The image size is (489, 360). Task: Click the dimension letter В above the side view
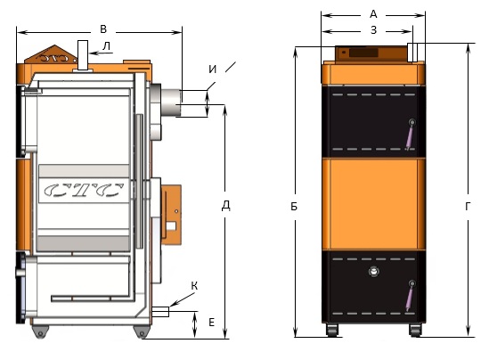tap(103, 29)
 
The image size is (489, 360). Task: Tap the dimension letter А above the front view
tap(373, 14)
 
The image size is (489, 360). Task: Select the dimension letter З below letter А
tap(373, 30)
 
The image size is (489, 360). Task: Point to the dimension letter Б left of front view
tap(294, 206)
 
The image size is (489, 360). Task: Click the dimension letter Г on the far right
tap(468, 206)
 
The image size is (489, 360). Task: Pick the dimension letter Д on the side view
tap(225, 206)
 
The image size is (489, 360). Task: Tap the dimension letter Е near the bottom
tap(211, 323)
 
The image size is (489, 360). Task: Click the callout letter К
tap(194, 286)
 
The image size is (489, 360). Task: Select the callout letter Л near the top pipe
tap(106, 46)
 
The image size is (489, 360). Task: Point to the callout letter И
tap(212, 69)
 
